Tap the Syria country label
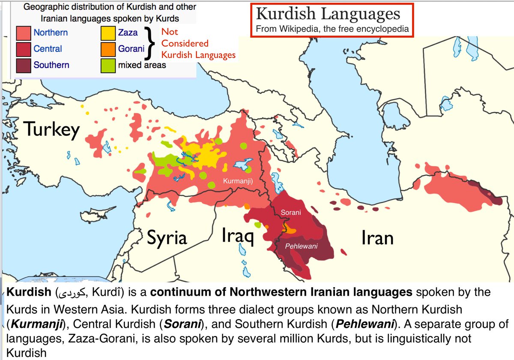click(x=167, y=237)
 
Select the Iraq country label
click(x=238, y=236)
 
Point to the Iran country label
click(x=377, y=237)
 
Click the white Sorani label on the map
click(x=291, y=213)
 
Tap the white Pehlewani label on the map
click(x=301, y=246)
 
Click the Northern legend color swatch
click(x=23, y=33)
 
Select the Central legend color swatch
click(x=23, y=49)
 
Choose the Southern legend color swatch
click(x=23, y=65)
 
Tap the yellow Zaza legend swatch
click(x=108, y=33)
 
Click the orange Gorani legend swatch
click(x=108, y=49)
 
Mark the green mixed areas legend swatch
click(x=108, y=65)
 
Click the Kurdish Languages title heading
click(x=328, y=14)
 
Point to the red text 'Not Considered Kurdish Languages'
click(x=198, y=43)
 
